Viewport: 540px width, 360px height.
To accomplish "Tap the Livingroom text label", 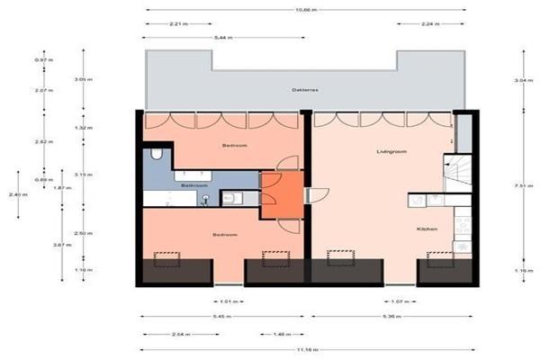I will click(391, 152).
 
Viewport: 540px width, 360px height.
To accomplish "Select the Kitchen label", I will click(427, 229).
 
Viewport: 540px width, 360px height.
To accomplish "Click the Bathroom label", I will click(195, 185).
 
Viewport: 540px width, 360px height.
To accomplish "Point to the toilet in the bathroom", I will click(157, 155).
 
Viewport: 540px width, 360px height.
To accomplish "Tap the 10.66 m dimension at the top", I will click(305, 10).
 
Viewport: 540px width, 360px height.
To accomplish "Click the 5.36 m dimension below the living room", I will click(390, 318).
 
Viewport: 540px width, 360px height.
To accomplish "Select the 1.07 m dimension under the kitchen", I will click(393, 301).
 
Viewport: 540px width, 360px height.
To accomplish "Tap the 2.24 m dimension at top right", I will click(430, 24).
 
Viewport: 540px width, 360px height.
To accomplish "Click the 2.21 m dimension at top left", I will click(179, 24).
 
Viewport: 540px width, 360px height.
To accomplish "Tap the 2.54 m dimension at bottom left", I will click(179, 334).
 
